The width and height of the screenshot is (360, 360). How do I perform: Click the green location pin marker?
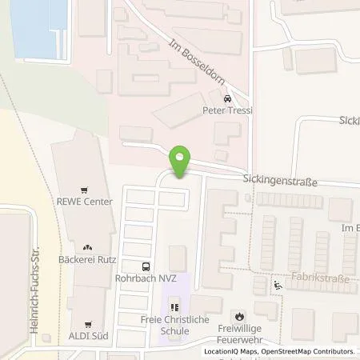coord(182,163)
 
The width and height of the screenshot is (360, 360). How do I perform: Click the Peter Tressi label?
coord(228,110)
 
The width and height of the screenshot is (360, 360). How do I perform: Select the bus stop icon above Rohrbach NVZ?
coord(145,267)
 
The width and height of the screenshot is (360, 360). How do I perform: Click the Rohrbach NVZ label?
coord(145,278)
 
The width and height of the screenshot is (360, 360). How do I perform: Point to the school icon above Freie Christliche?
coord(175,306)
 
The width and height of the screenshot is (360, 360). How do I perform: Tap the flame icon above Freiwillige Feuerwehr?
coord(238,314)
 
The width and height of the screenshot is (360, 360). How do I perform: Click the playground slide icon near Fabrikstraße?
coord(278,286)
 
